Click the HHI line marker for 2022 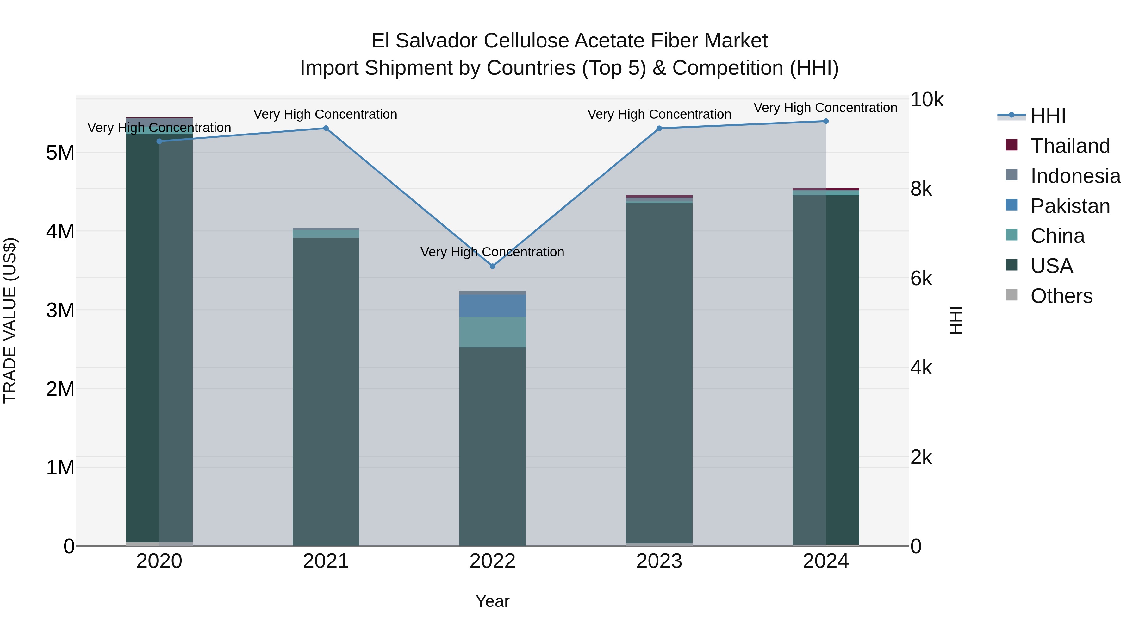[x=493, y=266]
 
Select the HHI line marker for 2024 [x=825, y=121]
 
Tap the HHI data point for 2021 [x=326, y=128]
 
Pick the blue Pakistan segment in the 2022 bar [x=493, y=306]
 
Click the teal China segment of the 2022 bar [x=493, y=332]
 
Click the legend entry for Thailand [x=1070, y=146]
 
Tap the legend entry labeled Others [x=1061, y=296]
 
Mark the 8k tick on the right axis [x=921, y=189]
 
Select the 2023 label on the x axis [x=659, y=561]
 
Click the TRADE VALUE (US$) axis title [x=10, y=320]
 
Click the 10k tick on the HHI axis [x=926, y=100]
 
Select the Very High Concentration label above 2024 [x=825, y=108]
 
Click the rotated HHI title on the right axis [x=956, y=320]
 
